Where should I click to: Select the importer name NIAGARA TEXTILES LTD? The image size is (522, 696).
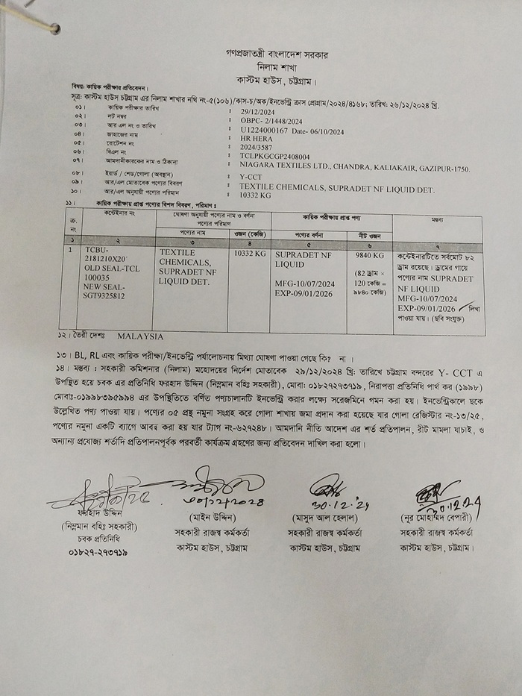tap(292, 167)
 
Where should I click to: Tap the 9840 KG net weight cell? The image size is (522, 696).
tap(368, 254)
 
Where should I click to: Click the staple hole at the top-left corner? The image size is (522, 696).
tap(54, 28)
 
